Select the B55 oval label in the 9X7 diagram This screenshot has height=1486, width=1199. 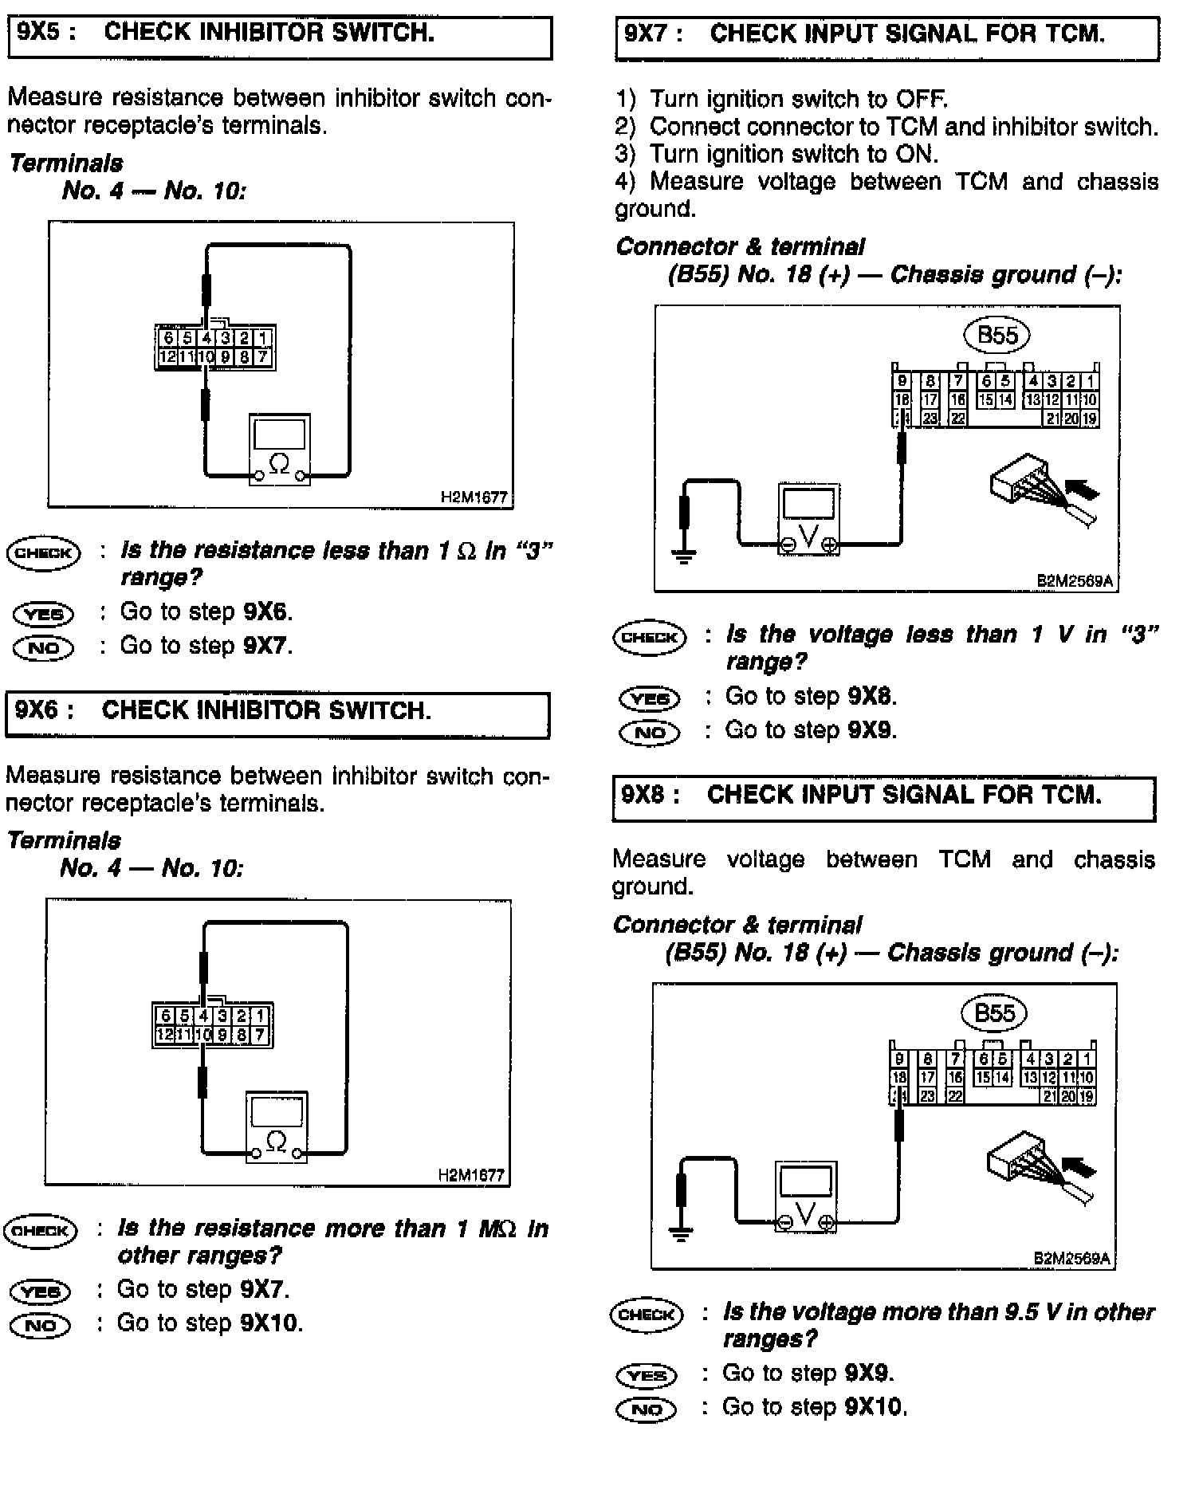[x=997, y=335]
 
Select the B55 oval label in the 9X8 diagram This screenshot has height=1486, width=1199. [x=994, y=1013]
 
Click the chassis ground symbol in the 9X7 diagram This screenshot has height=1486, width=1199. [x=684, y=555]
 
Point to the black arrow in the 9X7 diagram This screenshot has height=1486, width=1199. [x=1082, y=486]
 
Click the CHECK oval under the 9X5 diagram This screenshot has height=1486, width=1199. [x=44, y=553]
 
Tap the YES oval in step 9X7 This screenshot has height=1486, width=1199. [x=650, y=699]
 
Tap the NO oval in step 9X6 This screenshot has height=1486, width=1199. [x=41, y=1325]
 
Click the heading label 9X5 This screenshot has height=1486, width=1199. [x=45, y=33]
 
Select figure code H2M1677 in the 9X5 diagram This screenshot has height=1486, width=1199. [x=474, y=497]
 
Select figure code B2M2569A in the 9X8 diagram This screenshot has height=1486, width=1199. [x=1072, y=1259]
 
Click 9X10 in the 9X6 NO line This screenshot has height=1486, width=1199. [x=270, y=1323]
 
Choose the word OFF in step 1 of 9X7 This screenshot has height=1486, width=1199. [x=922, y=100]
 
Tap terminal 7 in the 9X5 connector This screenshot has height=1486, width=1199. [x=263, y=356]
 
